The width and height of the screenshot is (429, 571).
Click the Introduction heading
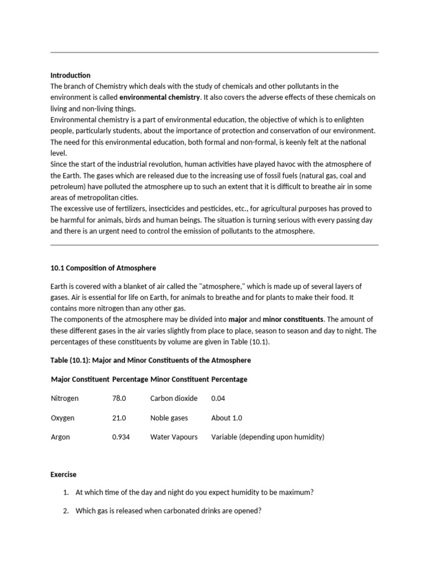70,75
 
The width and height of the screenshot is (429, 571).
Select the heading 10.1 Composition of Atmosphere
103,268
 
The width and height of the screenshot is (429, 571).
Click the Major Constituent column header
80,380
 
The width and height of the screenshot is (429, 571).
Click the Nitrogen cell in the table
65,399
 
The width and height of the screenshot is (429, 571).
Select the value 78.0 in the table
119,399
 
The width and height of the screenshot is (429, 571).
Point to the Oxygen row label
63,418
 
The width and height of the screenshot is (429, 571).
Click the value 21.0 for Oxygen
119,418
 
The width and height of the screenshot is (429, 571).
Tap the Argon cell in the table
60,437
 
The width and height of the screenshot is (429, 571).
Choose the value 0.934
121,437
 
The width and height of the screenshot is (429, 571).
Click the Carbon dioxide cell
174,399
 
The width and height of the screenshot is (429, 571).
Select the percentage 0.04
219,399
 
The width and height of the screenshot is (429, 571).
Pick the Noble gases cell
169,418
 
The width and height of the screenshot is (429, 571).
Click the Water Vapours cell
174,437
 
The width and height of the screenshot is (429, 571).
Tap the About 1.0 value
227,418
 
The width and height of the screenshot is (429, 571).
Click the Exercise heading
64,475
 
